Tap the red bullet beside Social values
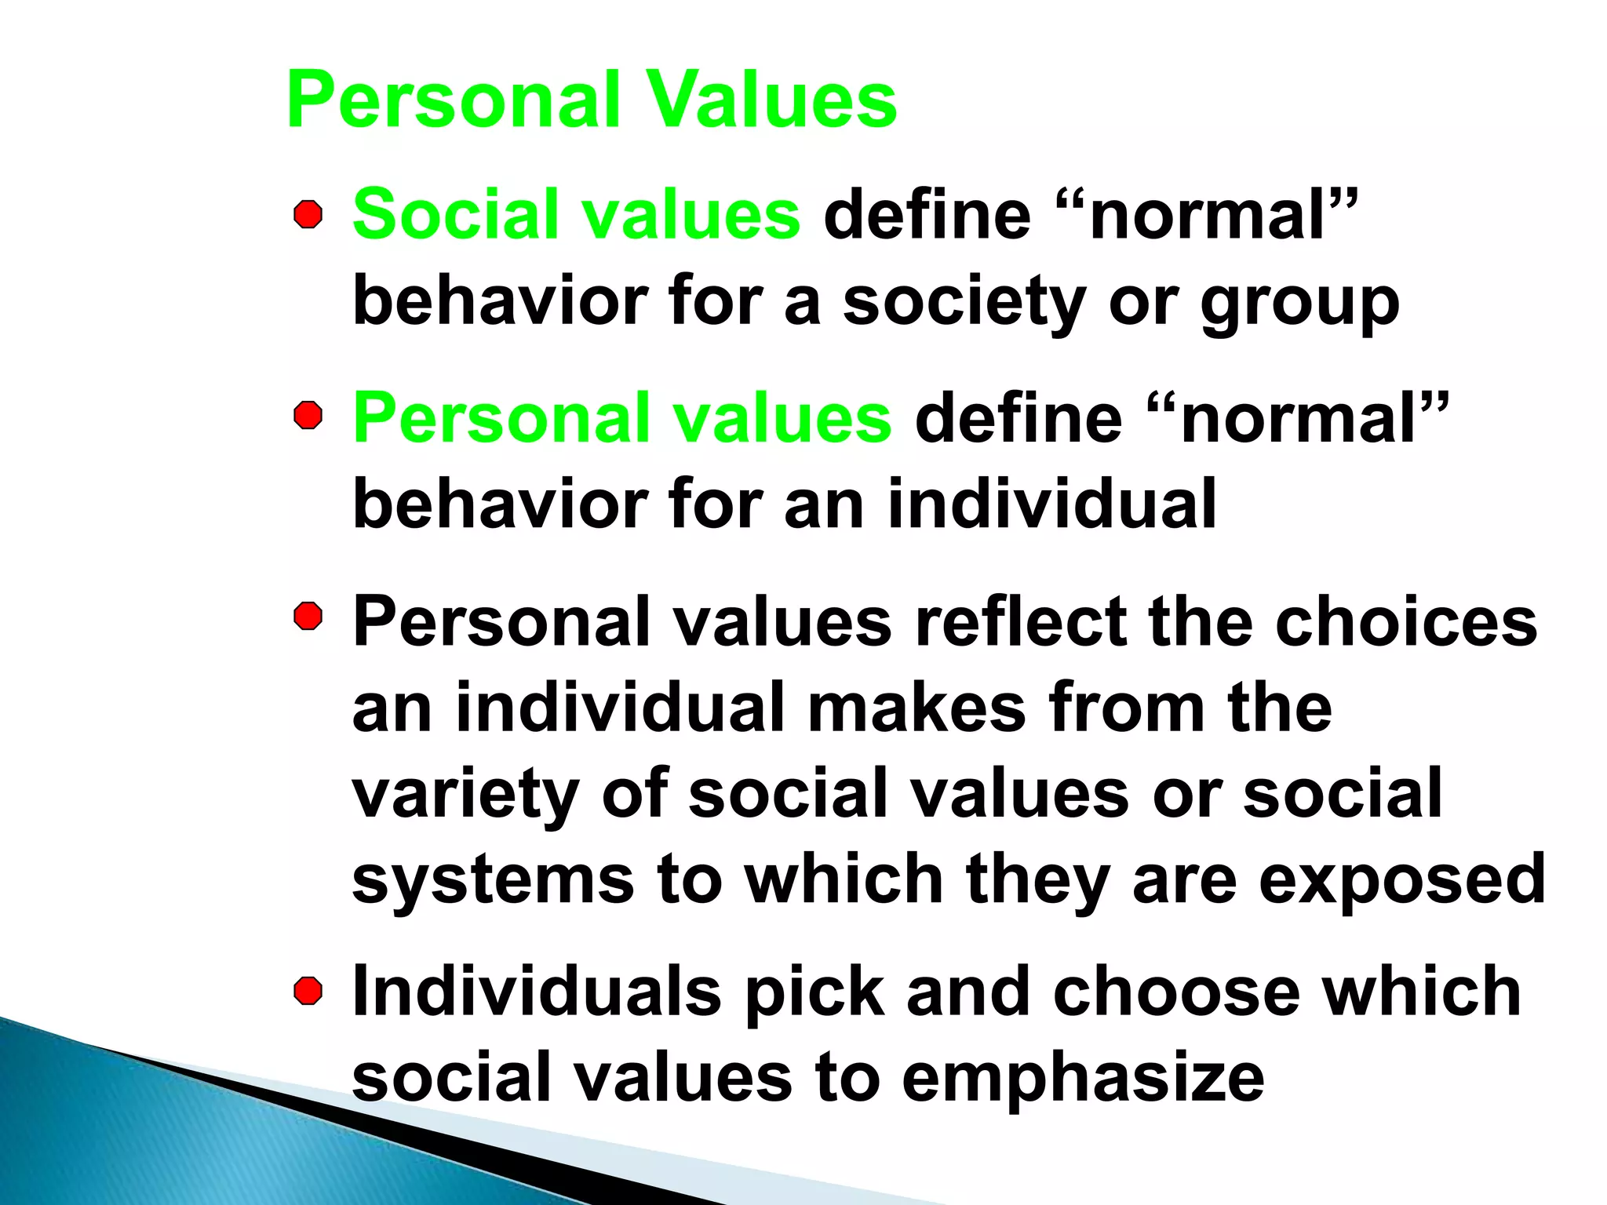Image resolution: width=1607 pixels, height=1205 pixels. point(308,214)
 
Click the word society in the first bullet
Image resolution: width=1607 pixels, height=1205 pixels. point(964,304)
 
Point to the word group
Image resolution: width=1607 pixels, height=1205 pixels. point(1299,304)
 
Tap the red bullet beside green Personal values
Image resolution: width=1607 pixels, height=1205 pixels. point(308,417)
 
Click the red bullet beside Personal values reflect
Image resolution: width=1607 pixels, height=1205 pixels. point(308,617)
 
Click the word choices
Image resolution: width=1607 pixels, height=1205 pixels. point(1405,621)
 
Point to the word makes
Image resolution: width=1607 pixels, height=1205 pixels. point(916,708)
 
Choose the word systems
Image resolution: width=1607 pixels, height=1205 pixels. point(493,880)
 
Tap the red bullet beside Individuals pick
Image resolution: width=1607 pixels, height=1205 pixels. point(308,991)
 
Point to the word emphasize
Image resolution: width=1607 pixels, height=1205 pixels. point(1083,1078)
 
